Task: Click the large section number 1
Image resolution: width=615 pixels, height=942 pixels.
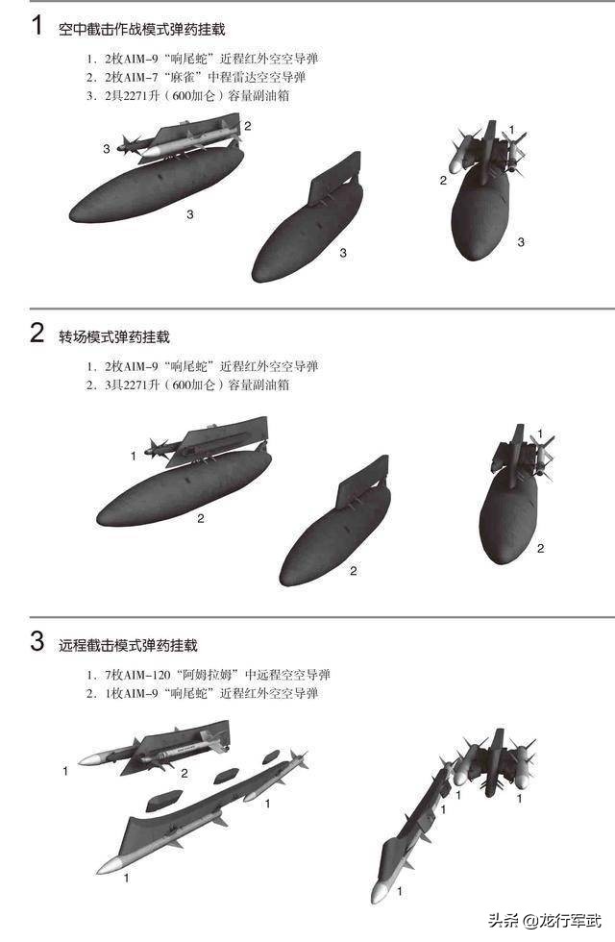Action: click(37, 26)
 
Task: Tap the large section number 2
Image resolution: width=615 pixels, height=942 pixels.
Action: click(37, 334)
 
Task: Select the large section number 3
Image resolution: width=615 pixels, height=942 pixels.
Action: click(37, 642)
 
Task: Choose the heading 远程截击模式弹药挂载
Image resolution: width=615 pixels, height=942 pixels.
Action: click(128, 645)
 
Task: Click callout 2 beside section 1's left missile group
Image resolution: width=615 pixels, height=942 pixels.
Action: click(247, 126)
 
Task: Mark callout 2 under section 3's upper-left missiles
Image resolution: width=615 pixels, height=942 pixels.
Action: click(184, 772)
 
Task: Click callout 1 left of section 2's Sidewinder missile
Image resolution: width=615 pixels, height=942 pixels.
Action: click(134, 455)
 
